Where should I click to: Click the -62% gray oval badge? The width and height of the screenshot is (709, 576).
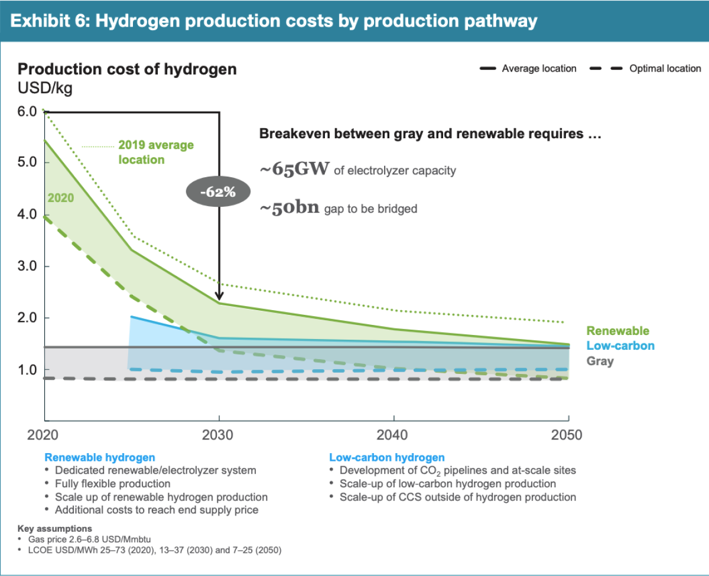(219, 191)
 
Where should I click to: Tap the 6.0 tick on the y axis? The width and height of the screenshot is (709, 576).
(27, 111)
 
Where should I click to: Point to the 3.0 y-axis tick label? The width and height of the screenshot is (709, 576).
(27, 266)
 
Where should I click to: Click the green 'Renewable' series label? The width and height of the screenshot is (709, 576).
(617, 331)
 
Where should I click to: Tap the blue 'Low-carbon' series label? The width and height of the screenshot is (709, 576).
(620, 346)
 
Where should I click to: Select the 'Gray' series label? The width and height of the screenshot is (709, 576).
(600, 361)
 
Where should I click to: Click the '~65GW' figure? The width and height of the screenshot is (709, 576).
(294, 170)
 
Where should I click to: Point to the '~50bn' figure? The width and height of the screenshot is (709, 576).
(290, 207)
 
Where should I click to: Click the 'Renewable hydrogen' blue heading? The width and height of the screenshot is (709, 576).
(100, 457)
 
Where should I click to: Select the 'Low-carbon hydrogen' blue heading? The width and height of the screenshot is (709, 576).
(386, 457)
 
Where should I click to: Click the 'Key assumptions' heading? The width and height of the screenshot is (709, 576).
(55, 528)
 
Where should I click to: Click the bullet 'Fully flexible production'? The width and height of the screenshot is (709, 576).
(112, 484)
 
